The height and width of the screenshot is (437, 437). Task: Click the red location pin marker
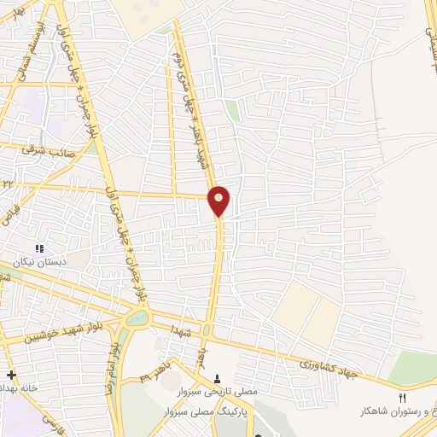pos(219,200)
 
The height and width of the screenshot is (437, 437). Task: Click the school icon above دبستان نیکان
pos(39,248)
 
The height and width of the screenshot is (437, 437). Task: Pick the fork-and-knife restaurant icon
pos(403,398)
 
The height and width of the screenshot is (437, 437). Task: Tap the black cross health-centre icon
pos(11,375)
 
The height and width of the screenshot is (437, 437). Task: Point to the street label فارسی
pos(54,423)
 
